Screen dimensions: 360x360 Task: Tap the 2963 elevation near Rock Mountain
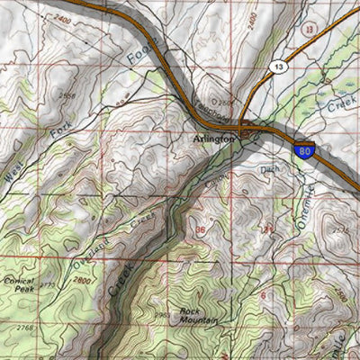point(162,314)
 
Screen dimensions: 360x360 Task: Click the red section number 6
point(262,294)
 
